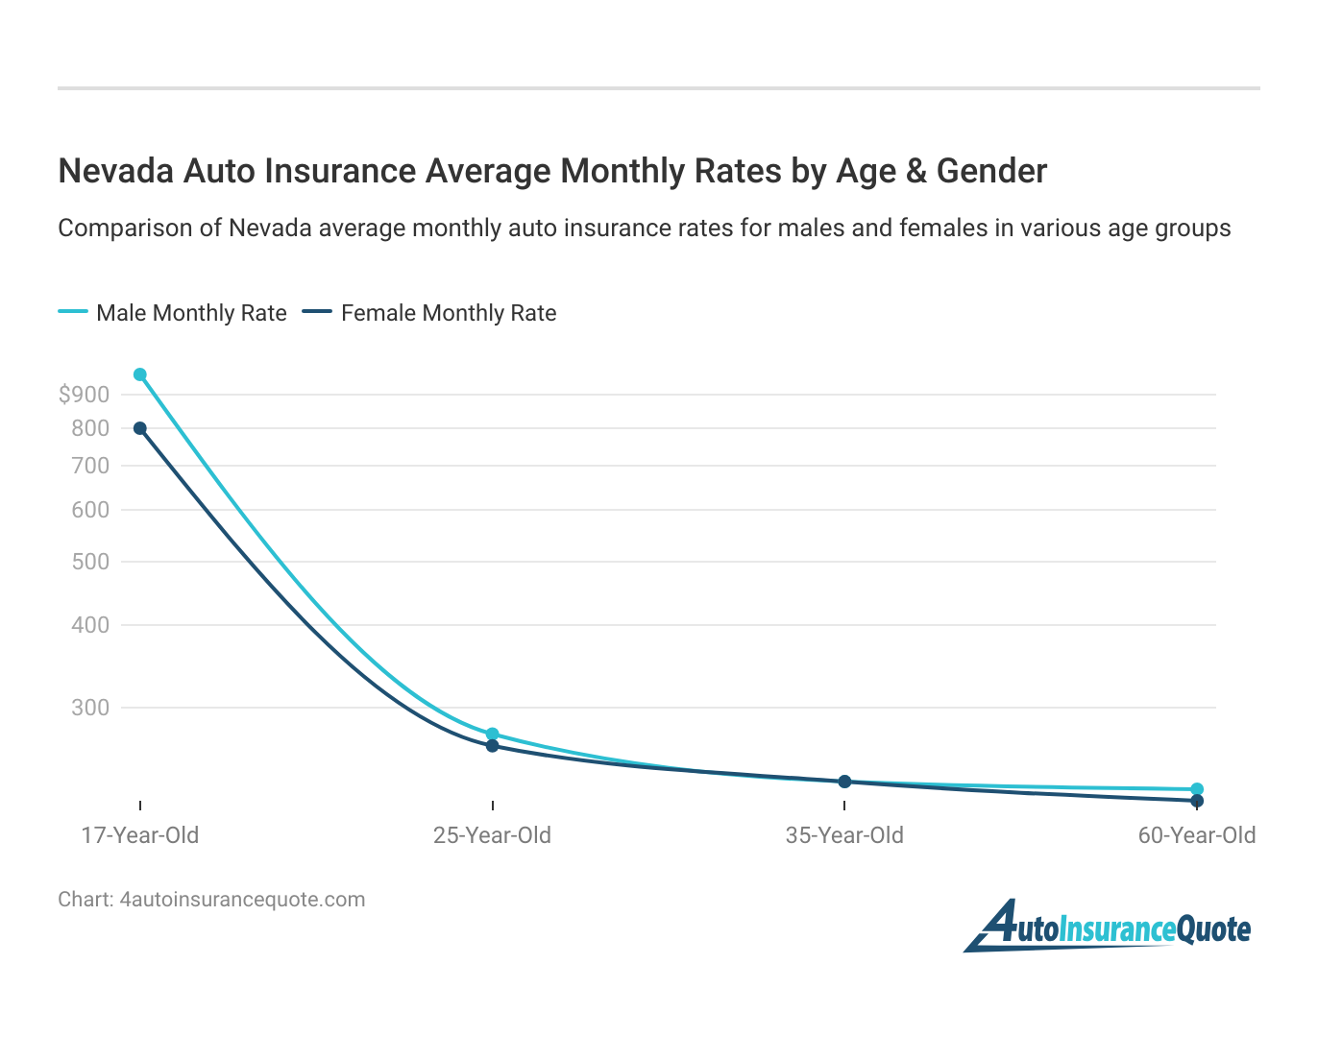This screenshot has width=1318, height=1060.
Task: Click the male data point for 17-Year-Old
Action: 140,374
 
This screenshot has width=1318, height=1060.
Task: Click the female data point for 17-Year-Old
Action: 140,428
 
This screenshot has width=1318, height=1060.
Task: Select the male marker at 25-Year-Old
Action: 492,734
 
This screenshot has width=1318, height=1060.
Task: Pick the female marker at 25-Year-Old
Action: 492,746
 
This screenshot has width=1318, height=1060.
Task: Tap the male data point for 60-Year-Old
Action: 1197,789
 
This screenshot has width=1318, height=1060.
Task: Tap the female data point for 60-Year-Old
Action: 1197,801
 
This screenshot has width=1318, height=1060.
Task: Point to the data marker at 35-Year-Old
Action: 844,782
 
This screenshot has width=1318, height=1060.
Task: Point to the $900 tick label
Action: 85,394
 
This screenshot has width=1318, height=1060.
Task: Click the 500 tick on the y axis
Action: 90,562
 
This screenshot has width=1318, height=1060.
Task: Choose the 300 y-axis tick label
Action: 90,708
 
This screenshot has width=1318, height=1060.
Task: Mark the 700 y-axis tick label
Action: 90,466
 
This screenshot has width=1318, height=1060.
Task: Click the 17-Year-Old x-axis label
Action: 140,835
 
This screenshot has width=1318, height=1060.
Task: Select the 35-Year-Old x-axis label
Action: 844,835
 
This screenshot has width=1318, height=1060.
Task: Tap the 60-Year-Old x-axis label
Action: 1197,835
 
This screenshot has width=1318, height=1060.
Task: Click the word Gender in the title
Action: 991,171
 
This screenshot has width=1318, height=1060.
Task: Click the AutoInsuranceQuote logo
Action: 1110,927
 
